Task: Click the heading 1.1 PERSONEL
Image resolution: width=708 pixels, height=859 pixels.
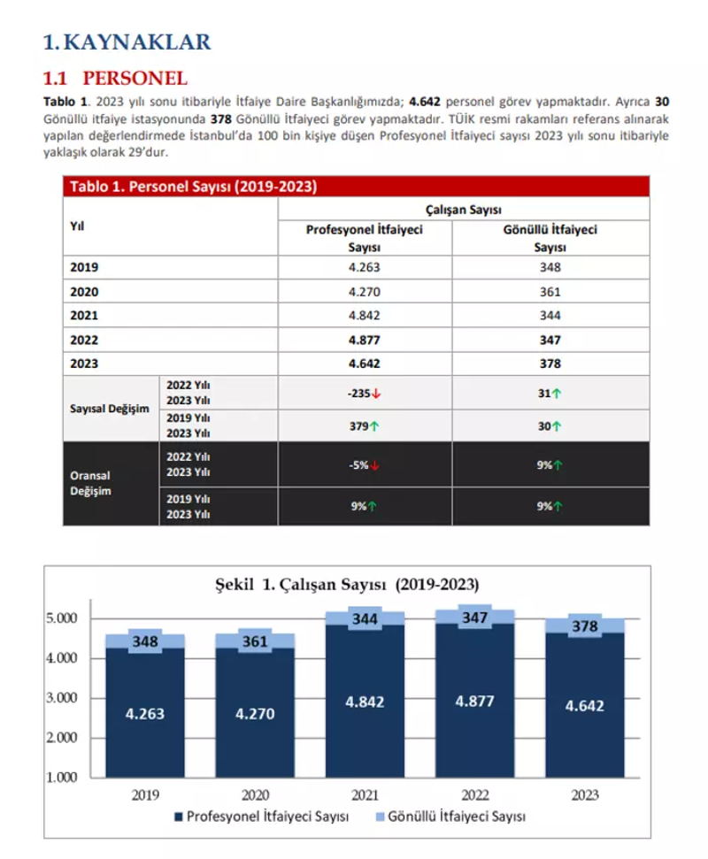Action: point(116,77)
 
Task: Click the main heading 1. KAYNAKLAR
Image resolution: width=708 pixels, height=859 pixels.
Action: point(127,41)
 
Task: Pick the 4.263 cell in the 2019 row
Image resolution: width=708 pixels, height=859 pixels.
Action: point(364,268)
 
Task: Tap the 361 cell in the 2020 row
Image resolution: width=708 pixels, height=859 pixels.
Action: point(550,292)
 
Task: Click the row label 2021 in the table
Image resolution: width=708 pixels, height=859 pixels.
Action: point(84,316)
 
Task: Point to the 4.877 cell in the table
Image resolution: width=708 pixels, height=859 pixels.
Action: point(364,340)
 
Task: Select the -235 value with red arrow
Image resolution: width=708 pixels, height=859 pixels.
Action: point(364,393)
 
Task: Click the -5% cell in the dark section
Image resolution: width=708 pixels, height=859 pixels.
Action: point(364,464)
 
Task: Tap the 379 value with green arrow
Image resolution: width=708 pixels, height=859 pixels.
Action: point(364,426)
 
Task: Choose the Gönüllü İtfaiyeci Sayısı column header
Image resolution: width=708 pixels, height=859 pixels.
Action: point(550,238)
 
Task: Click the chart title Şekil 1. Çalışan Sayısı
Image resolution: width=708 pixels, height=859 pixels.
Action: point(348,585)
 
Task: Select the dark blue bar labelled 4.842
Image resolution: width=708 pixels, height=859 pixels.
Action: point(364,702)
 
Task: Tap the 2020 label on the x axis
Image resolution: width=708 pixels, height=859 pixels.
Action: point(255,794)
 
